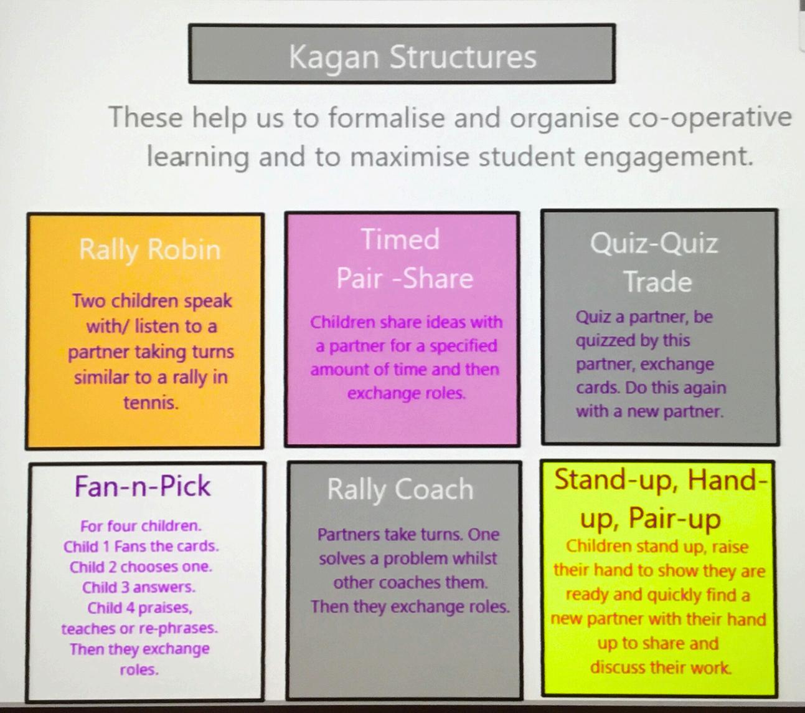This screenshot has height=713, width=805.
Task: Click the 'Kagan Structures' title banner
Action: click(x=402, y=55)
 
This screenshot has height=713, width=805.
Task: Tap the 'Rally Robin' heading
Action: click(x=149, y=249)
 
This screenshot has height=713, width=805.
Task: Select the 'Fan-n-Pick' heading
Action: click(x=143, y=486)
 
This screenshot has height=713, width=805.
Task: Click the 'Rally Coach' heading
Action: click(x=400, y=489)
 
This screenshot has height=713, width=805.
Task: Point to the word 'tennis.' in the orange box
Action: click(x=151, y=403)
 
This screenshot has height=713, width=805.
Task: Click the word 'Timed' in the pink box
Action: click(x=400, y=239)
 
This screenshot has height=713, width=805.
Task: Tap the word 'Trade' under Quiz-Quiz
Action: click(x=658, y=282)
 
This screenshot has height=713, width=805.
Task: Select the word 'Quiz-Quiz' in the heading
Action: click(x=654, y=242)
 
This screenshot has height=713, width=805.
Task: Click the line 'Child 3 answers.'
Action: click(x=139, y=587)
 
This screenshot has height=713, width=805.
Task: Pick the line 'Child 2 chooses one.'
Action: click(x=141, y=567)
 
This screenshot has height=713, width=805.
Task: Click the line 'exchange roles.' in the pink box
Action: click(x=406, y=393)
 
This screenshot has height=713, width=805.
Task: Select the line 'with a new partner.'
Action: click(x=649, y=411)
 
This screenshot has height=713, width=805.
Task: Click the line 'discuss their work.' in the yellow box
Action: click(x=661, y=668)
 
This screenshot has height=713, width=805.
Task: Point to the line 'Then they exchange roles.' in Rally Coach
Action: click(x=410, y=606)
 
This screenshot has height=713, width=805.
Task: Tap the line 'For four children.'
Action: click(x=141, y=526)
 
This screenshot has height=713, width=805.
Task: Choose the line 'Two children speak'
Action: click(x=152, y=301)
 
